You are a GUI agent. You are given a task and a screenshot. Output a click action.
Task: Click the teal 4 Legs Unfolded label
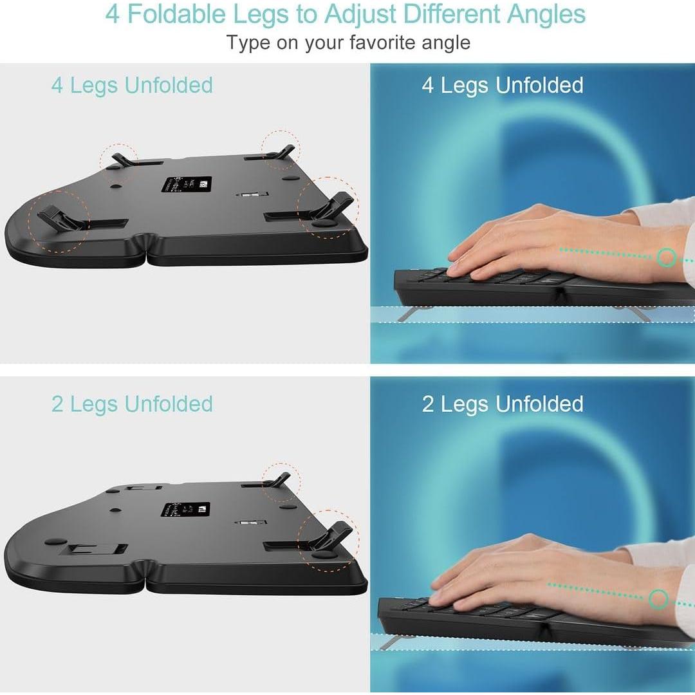click(132, 86)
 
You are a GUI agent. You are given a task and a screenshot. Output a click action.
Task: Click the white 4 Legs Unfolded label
click(502, 86)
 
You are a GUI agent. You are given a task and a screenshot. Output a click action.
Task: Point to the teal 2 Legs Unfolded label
click(132, 404)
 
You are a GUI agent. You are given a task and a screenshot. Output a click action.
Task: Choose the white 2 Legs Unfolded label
click(502, 404)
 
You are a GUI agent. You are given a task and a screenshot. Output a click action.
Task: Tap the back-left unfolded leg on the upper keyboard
click(121, 159)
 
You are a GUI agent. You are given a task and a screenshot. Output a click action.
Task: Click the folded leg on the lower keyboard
click(97, 549)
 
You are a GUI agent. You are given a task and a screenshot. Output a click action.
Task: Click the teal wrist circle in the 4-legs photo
click(667, 258)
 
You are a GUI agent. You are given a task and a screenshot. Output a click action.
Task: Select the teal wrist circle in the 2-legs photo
click(658, 599)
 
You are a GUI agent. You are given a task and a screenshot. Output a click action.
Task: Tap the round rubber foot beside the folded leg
click(55, 542)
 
